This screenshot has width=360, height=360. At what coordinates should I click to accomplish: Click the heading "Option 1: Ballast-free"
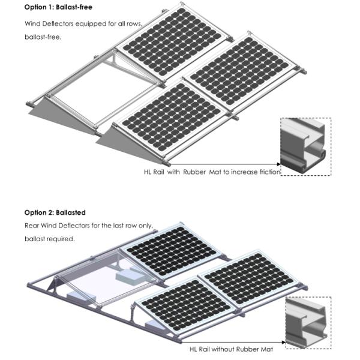click(58, 7)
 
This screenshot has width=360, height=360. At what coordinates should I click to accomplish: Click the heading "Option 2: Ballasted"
click(55, 212)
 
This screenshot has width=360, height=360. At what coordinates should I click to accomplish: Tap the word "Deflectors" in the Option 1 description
click(58, 23)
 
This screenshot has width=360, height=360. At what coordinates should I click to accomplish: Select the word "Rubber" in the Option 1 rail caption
click(194, 172)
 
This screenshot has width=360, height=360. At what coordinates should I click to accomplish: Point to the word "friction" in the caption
click(270, 172)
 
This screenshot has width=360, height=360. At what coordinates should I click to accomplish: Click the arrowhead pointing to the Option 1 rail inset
click(279, 164)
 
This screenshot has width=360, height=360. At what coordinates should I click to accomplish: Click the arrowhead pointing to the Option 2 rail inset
click(284, 342)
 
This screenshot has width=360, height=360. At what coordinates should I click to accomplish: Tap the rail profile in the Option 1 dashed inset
click(303, 146)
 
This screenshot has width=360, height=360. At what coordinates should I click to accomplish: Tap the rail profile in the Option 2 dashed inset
click(305, 323)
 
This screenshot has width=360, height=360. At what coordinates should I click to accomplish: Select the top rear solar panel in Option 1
click(172, 41)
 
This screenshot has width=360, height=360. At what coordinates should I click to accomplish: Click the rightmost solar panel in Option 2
click(249, 278)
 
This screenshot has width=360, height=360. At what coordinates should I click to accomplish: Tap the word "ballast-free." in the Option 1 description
click(43, 37)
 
